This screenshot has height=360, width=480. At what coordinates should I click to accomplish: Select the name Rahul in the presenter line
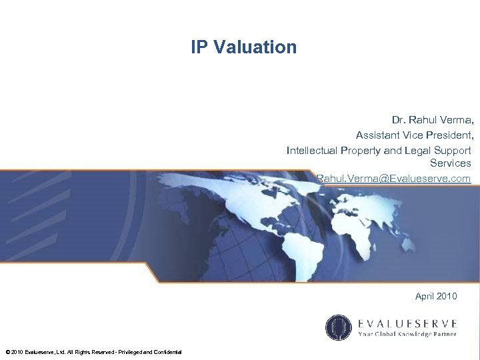[x=424, y=121]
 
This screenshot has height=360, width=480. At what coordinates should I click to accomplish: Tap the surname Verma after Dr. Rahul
[x=459, y=121]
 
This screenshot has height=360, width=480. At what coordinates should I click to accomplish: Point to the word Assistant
[x=379, y=135]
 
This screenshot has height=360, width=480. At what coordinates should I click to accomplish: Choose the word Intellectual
[x=312, y=150]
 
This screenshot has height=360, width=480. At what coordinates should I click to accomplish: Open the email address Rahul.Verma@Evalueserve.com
[x=394, y=179]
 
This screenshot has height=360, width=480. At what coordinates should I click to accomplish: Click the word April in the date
[x=425, y=296]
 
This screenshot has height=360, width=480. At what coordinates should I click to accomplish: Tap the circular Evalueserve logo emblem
[x=338, y=327]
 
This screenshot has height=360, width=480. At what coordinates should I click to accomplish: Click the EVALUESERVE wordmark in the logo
[x=407, y=323]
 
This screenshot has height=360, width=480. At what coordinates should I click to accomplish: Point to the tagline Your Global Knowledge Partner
[x=407, y=333]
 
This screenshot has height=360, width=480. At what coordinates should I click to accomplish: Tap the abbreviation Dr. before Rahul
[x=398, y=121]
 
